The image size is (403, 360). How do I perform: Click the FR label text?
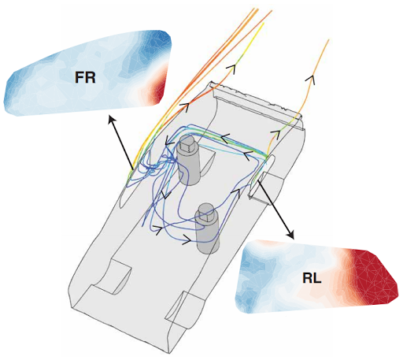(x=85, y=77)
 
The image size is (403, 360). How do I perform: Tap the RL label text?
(x=312, y=278)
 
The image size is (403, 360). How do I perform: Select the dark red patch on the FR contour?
(x=159, y=89)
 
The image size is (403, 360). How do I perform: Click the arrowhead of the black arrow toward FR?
(x=112, y=121)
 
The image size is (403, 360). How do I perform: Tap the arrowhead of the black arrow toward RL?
(x=290, y=234)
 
